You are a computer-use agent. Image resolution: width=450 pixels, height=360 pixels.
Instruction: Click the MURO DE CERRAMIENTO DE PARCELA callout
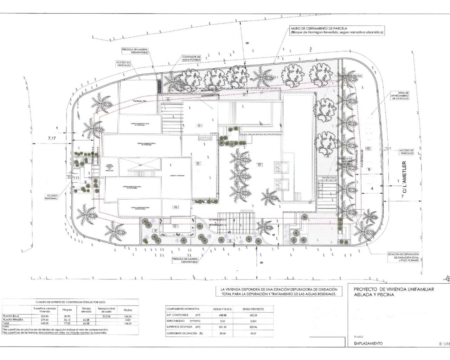pos(336,30)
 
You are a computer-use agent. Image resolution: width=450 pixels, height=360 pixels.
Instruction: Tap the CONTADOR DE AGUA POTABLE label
pos(191,58)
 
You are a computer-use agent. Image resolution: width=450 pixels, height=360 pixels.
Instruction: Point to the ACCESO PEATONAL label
pos(51,196)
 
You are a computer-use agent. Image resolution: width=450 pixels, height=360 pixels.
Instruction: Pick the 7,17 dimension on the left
pos(52,138)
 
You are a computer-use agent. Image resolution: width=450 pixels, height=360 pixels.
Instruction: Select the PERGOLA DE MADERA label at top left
pos(135,51)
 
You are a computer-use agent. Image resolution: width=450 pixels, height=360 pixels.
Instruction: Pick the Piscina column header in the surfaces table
pos(128,310)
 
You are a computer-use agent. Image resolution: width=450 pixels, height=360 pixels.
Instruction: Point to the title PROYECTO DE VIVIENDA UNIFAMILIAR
pos(394,289)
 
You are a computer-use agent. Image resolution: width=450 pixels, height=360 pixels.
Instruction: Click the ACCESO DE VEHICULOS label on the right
pos(406,152)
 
